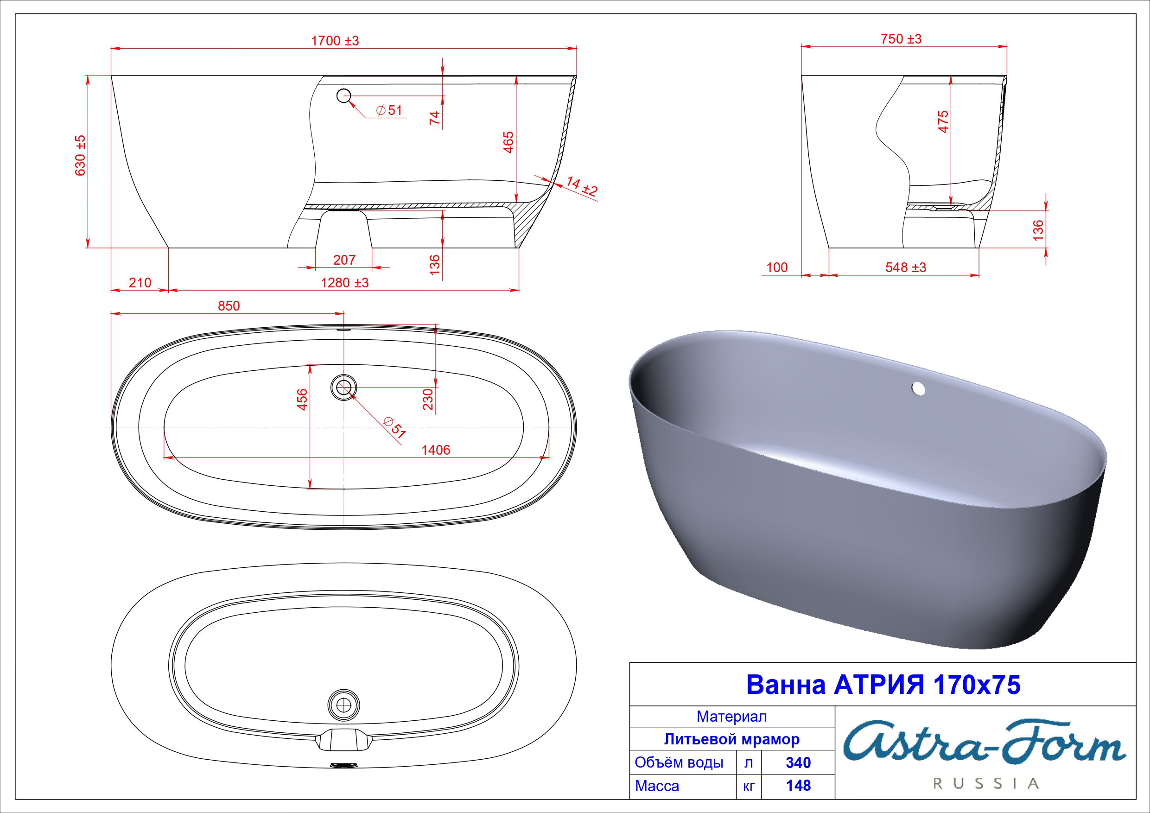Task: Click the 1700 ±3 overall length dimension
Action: click(x=335, y=41)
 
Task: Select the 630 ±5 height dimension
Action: click(x=80, y=155)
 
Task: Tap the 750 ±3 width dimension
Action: click(x=901, y=38)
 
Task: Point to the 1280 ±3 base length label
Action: click(x=344, y=283)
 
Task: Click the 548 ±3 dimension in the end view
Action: click(x=906, y=267)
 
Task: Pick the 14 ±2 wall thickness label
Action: click(x=582, y=186)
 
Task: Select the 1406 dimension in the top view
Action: click(x=436, y=450)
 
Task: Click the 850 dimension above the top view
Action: click(x=229, y=305)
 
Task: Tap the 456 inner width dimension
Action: click(x=302, y=400)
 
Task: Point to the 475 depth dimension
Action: click(x=943, y=122)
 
